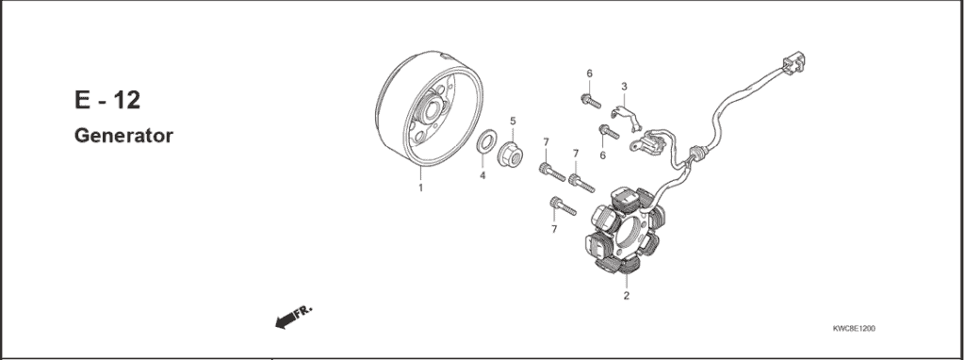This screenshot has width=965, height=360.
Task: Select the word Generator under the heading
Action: pyautogui.click(x=123, y=136)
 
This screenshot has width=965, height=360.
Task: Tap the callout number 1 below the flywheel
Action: pyautogui.click(x=420, y=188)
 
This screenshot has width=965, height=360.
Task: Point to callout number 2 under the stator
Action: pyautogui.click(x=626, y=296)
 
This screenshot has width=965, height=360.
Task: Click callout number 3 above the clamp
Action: pyautogui.click(x=623, y=87)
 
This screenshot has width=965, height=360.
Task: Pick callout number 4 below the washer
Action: pyautogui.click(x=482, y=175)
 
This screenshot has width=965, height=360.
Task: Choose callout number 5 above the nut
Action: pyautogui.click(x=513, y=121)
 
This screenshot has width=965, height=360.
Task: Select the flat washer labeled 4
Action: pyautogui.click(x=486, y=144)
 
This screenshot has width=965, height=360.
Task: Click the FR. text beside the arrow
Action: pyautogui.click(x=304, y=310)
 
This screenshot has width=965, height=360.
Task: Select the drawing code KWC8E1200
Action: pyautogui.click(x=854, y=330)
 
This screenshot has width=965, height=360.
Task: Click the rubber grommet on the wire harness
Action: pyautogui.click(x=698, y=154)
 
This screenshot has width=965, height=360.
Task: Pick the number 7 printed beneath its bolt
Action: pyautogui.click(x=553, y=228)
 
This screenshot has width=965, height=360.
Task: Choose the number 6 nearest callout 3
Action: pyautogui.click(x=589, y=74)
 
